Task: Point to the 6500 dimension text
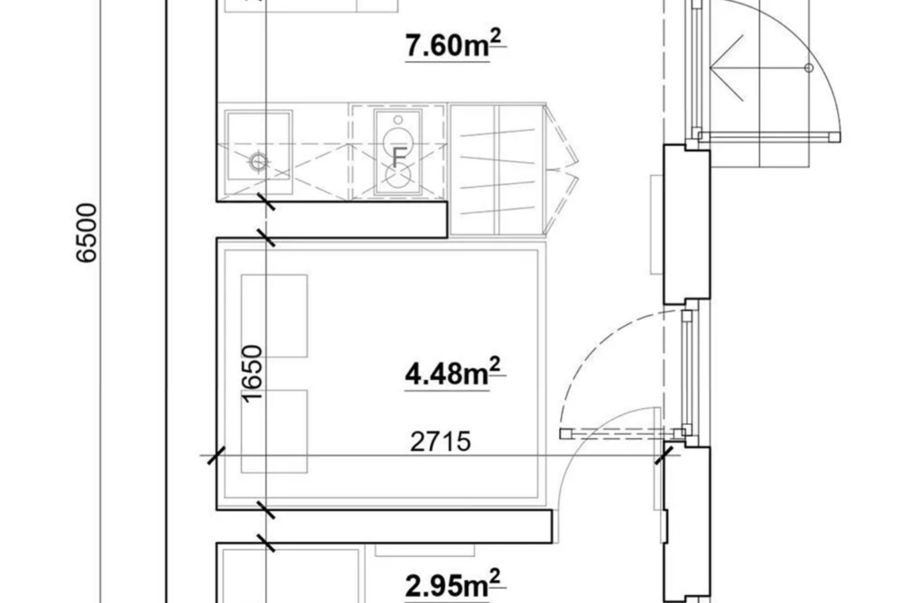tap(87, 232)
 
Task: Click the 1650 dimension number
tap(252, 373)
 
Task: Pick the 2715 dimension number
tap(441, 442)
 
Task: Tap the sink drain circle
tap(258, 162)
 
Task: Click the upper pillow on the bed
tap(274, 315)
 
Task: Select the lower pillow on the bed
tap(274, 431)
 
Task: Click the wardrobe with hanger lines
tap(497, 170)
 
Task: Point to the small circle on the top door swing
tap(809, 68)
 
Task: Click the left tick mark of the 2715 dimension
tap(217, 456)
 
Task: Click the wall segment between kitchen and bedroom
tap(333, 220)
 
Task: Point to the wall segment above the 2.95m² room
tap(384, 526)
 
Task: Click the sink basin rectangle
tap(259, 145)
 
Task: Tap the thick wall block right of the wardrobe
tap(687, 225)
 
